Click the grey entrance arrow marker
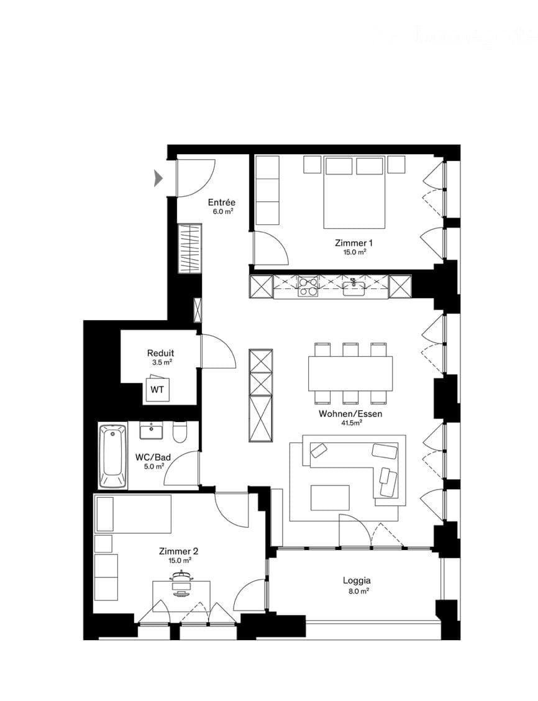coord(158,178)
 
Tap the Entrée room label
coord(221,203)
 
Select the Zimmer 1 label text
coord(353,243)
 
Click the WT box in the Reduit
coord(157,390)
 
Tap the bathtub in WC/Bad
coord(112,456)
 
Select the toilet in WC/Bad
coord(180,433)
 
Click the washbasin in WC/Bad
coord(151,430)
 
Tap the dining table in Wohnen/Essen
coord(350,373)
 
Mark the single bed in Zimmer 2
coord(133,513)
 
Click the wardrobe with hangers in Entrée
coord(191,249)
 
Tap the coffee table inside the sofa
coord(330,497)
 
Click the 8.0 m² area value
coord(357,591)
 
